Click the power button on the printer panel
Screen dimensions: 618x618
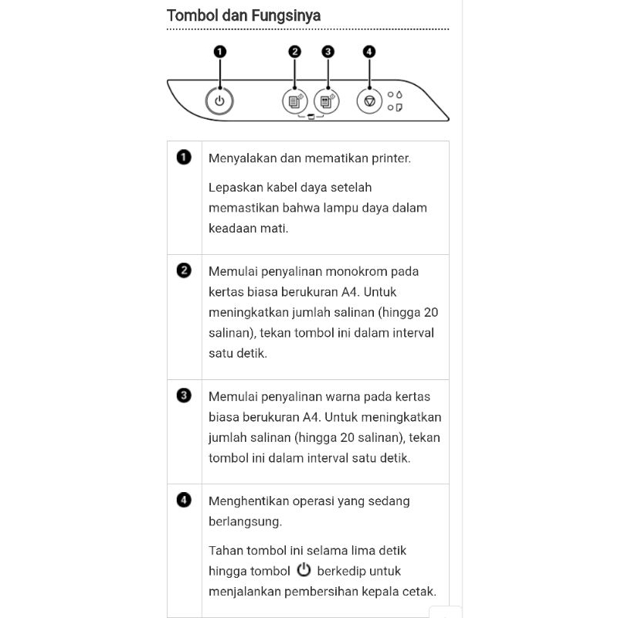tap(220, 101)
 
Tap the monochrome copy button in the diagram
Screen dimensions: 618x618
tap(294, 101)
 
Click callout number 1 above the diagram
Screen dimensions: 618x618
tap(220, 52)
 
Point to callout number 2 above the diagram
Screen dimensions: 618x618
tap(294, 52)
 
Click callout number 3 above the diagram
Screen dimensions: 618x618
tap(328, 52)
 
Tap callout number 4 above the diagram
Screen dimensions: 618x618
tap(369, 52)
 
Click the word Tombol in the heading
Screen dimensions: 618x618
tap(190, 15)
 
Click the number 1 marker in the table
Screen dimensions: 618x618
tap(184, 158)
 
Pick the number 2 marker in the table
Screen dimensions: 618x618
tap(184, 270)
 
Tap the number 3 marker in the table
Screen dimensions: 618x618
tap(184, 396)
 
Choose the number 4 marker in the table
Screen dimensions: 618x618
tap(184, 500)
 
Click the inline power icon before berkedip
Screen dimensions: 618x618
tap(304, 570)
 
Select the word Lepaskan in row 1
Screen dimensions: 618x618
tap(234, 187)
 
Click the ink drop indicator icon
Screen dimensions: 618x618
tap(399, 94)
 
